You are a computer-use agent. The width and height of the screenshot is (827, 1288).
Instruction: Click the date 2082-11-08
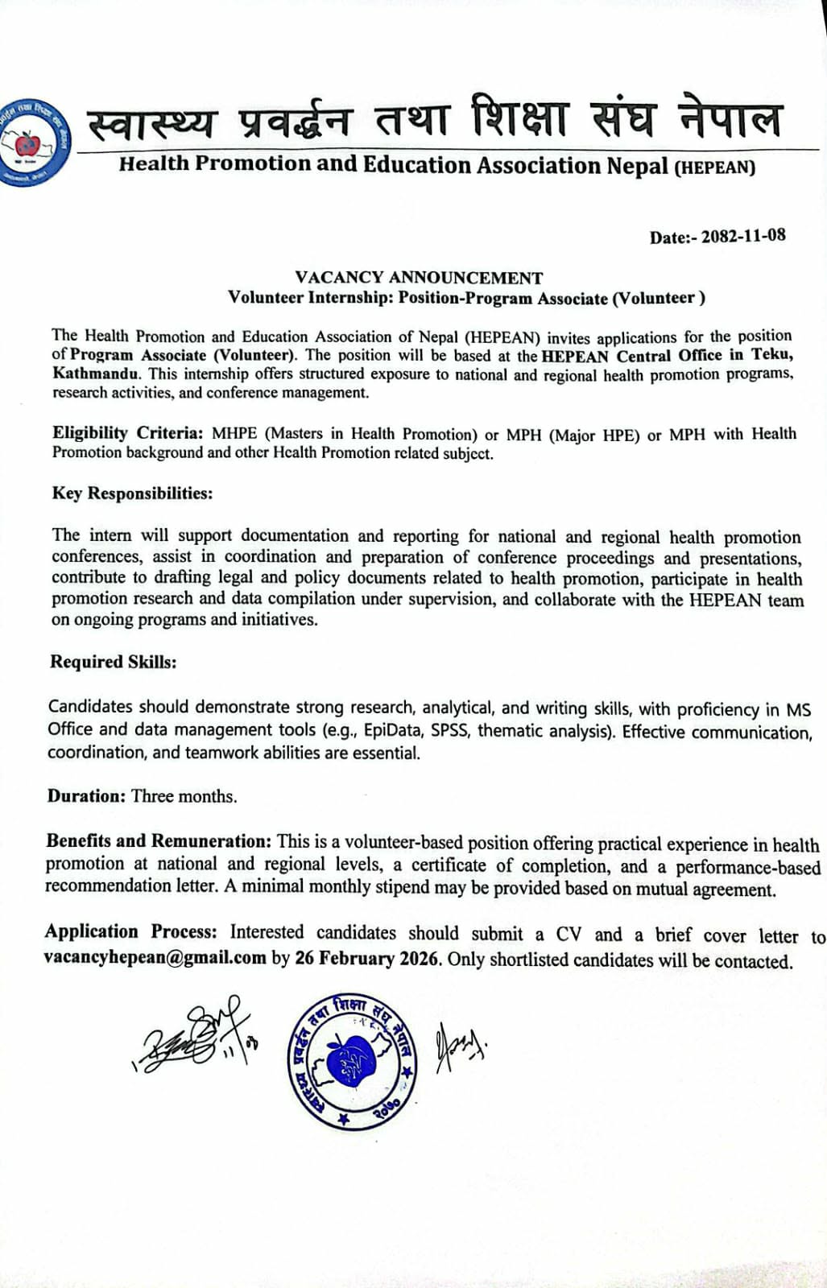pyautogui.click(x=742, y=237)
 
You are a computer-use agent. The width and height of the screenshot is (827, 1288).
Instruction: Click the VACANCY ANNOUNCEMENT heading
pyautogui.click(x=419, y=278)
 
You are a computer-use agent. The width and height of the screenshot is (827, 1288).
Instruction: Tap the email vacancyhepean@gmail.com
pyautogui.click(x=155, y=958)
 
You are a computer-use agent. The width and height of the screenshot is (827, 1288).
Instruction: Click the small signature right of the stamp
pyautogui.click(x=458, y=1046)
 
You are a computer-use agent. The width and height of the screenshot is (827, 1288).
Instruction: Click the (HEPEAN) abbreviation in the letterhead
pyautogui.click(x=714, y=168)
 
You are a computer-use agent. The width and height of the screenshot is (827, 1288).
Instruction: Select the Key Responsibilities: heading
pyautogui.click(x=132, y=493)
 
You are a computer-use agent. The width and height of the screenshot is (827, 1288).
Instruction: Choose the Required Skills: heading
pyautogui.click(x=113, y=662)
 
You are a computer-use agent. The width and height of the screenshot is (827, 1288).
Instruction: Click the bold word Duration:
pyautogui.click(x=86, y=796)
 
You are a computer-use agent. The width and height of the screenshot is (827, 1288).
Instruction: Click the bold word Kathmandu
pyautogui.click(x=97, y=374)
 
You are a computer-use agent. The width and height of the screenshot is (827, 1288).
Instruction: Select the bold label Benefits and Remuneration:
pyautogui.click(x=159, y=841)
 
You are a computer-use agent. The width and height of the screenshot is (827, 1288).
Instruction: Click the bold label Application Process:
pyautogui.click(x=130, y=931)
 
